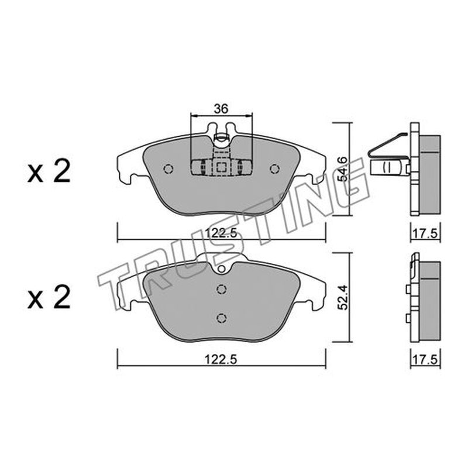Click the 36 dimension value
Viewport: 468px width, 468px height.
(221, 109)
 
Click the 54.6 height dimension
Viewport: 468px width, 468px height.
(342, 169)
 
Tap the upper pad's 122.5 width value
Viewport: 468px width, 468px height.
(221, 232)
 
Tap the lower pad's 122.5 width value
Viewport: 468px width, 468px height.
(221, 360)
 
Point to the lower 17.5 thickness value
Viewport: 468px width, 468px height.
(426, 360)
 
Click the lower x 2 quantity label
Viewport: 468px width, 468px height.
(49, 297)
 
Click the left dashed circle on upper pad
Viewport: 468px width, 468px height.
(168, 169)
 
